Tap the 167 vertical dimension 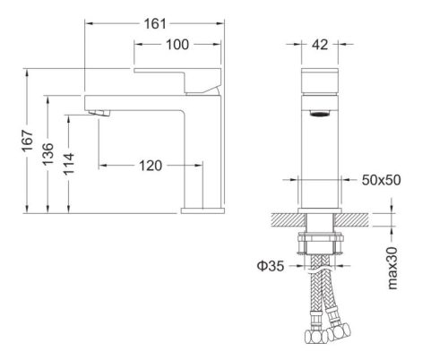point(28,141)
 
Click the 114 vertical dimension point(72,162)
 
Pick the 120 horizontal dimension point(151,165)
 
